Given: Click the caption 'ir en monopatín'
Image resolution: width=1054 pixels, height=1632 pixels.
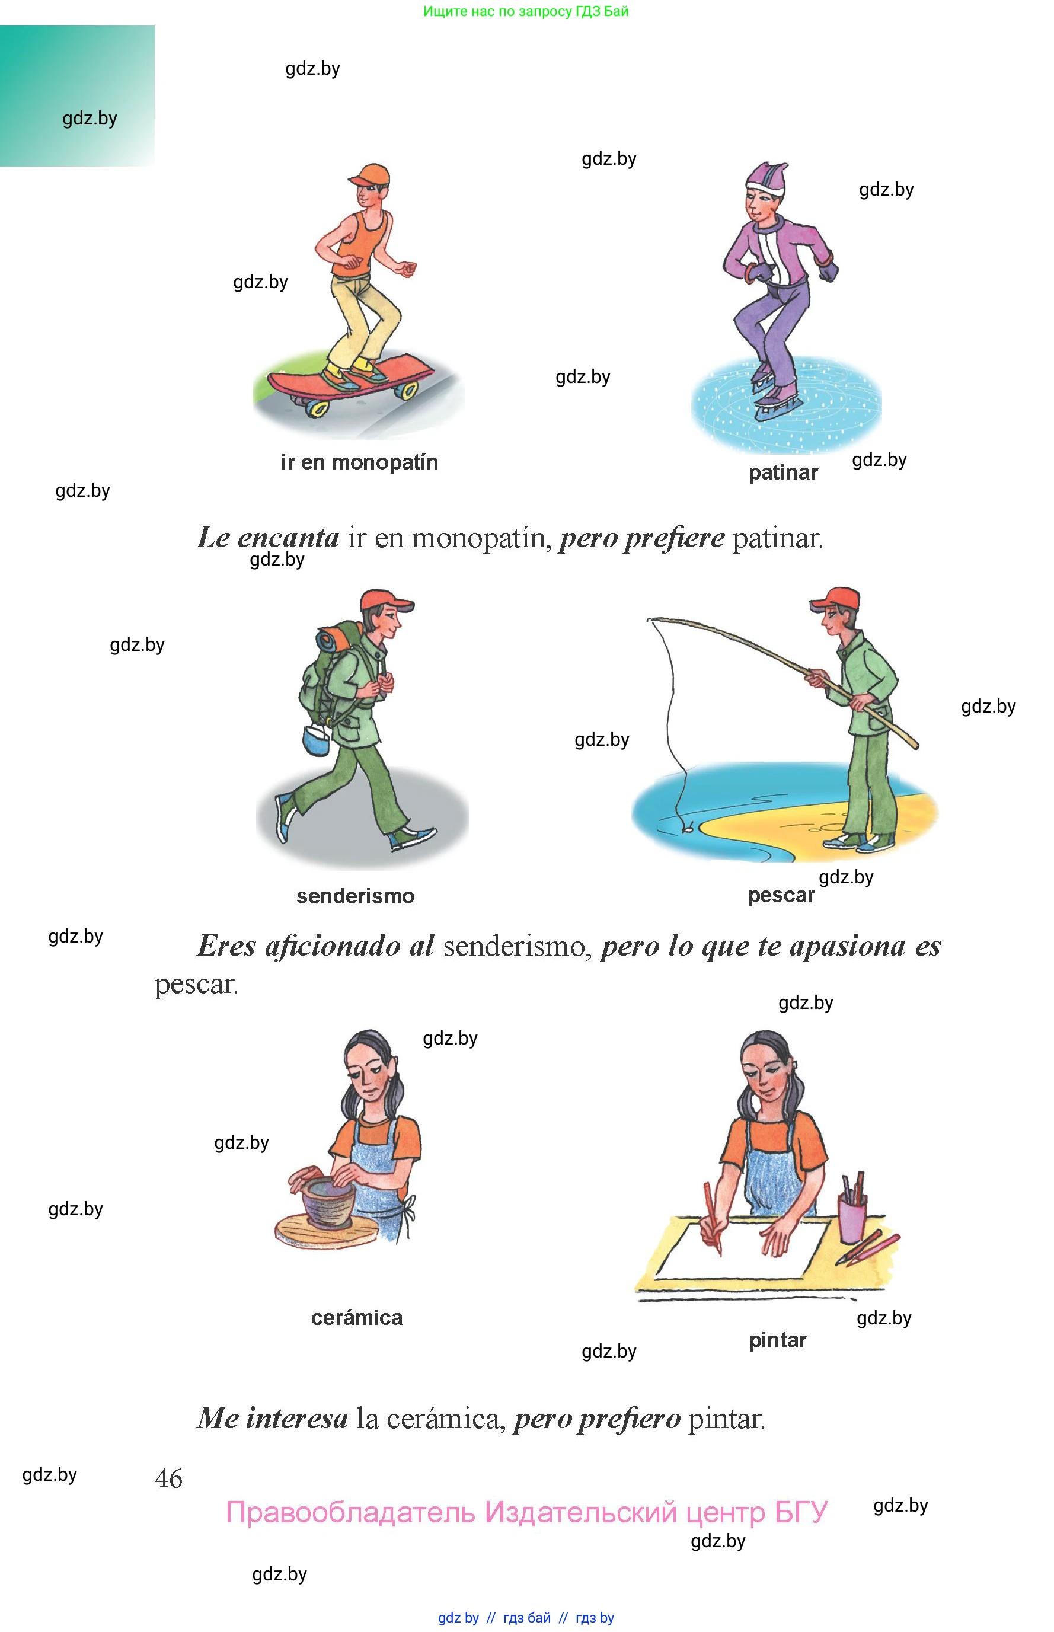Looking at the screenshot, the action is [359, 462].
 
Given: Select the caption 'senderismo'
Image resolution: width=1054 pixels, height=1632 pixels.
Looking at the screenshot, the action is [355, 896].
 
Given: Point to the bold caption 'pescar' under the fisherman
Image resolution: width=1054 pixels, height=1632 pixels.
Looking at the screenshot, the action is [781, 896].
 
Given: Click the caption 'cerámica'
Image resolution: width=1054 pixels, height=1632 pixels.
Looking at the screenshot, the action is [357, 1317].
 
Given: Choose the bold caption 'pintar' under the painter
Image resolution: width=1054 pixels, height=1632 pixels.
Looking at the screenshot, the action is [778, 1340].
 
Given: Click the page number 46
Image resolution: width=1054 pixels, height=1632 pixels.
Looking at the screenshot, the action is [168, 1478].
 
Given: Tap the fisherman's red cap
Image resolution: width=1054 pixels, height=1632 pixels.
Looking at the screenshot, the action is [835, 599].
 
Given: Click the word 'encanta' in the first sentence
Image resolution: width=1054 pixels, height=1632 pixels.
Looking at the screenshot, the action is [288, 538].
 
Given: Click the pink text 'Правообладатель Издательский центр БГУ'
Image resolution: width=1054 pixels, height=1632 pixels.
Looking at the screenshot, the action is [527, 1513].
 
